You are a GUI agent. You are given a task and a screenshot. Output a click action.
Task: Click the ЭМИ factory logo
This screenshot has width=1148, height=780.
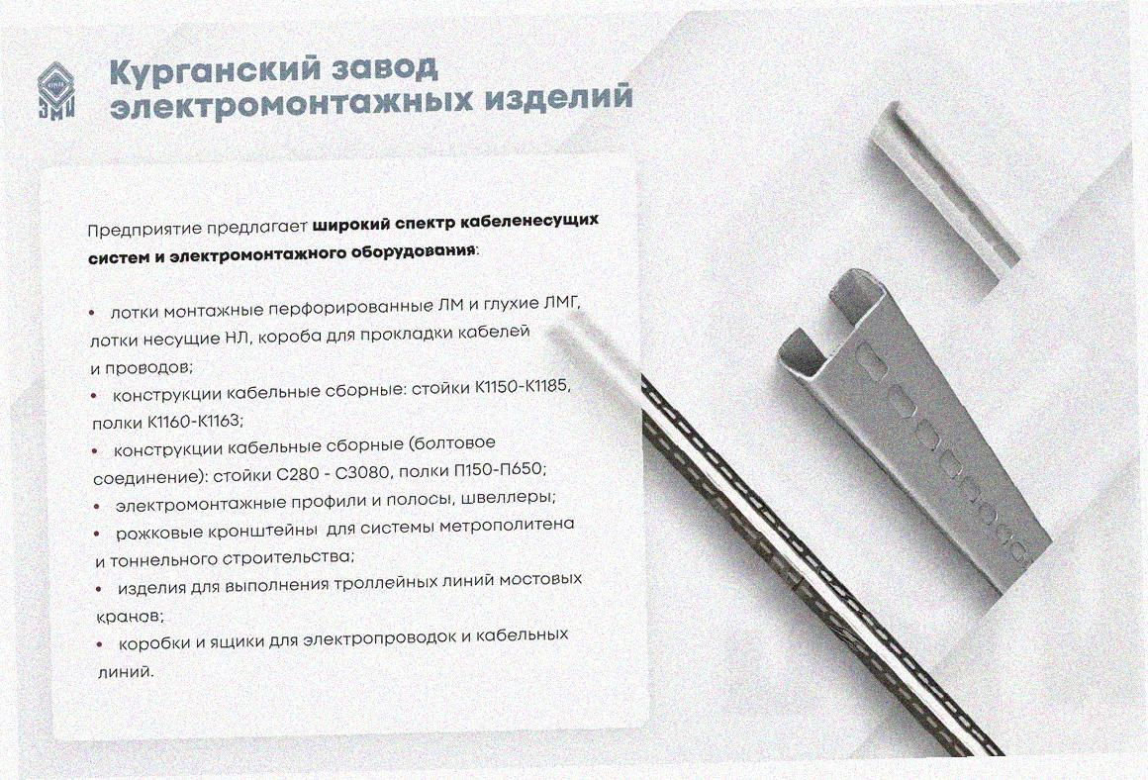tap(57, 90)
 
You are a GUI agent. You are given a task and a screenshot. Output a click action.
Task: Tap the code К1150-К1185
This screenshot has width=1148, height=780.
tap(522, 386)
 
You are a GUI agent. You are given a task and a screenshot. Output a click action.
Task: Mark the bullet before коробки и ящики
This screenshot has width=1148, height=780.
tap(100, 644)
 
